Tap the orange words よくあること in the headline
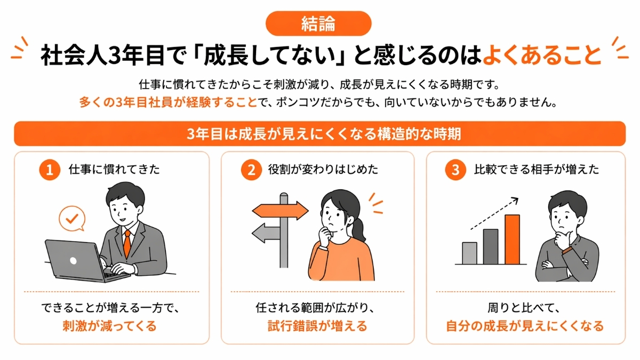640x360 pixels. [x=542, y=55]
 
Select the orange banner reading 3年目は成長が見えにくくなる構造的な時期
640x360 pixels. [x=319, y=134]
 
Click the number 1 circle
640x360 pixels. [x=50, y=170]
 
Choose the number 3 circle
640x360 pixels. [x=455, y=170]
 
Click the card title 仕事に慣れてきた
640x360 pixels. [x=115, y=170]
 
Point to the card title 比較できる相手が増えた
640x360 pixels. [x=537, y=170]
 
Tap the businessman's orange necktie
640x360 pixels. [x=127, y=243]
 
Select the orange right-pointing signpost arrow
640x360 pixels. [x=280, y=209]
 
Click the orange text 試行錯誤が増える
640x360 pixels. [x=317, y=326]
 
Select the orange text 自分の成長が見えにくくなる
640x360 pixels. [x=525, y=326]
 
